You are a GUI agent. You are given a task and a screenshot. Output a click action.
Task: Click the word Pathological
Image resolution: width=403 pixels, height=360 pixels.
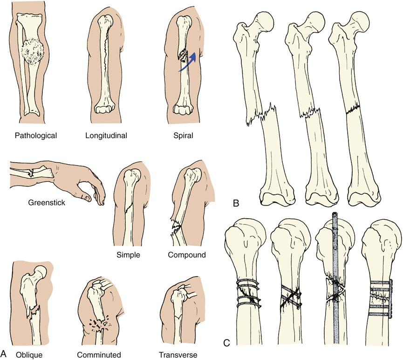click(x=35, y=136)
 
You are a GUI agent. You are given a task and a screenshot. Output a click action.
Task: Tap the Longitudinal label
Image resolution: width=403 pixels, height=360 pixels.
click(x=107, y=136)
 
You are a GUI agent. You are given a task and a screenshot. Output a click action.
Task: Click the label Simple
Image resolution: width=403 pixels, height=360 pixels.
click(x=129, y=255)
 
